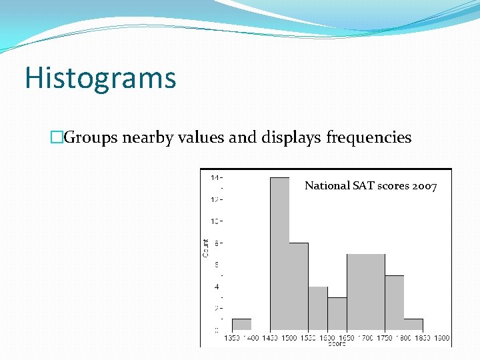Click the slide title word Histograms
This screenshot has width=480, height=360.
point(101,78)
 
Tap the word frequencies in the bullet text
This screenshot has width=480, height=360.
point(369,138)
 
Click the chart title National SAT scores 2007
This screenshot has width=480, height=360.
point(371,186)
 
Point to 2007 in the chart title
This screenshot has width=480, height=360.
point(425,186)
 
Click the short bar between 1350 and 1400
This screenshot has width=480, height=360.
point(241,325)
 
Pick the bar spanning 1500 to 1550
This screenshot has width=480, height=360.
point(299,287)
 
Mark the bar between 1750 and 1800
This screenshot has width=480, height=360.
point(394,303)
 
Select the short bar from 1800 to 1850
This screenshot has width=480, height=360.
point(413,325)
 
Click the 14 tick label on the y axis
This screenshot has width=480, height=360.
point(215,178)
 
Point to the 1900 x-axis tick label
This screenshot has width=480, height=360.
point(441,338)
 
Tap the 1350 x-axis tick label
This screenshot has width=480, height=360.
point(231,338)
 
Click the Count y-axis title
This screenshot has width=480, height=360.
point(205,248)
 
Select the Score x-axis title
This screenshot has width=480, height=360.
point(336,343)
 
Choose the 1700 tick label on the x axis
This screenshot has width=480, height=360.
point(365,338)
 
